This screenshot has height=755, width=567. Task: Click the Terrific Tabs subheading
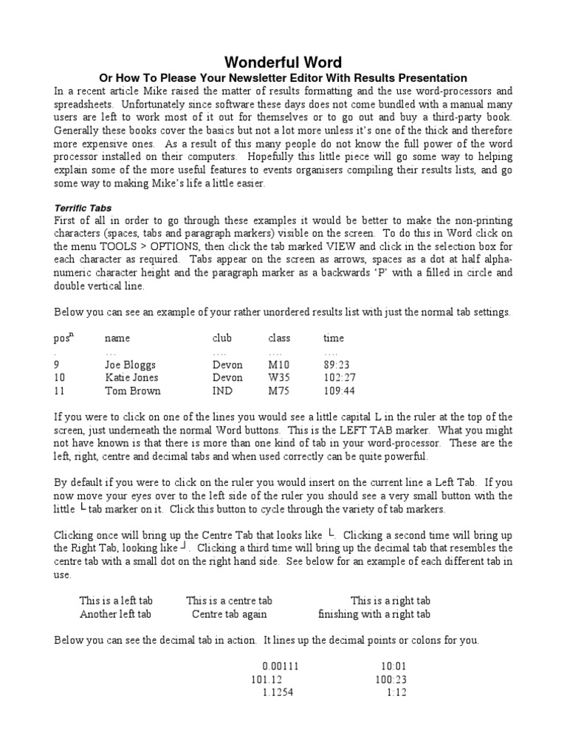(x=83, y=209)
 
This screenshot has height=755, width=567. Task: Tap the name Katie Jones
(x=130, y=377)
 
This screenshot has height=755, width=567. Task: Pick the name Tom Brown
(x=132, y=391)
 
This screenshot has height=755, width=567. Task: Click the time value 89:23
(x=336, y=364)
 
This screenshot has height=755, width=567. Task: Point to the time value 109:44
(x=339, y=391)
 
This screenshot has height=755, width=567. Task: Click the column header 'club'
(x=221, y=338)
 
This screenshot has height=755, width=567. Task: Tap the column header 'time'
(x=334, y=338)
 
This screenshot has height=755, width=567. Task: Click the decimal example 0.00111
(x=281, y=666)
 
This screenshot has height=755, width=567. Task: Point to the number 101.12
(x=267, y=679)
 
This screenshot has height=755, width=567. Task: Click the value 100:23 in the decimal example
(x=391, y=679)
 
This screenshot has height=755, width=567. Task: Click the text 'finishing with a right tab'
(x=374, y=614)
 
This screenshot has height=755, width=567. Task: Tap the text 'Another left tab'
(x=115, y=614)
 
